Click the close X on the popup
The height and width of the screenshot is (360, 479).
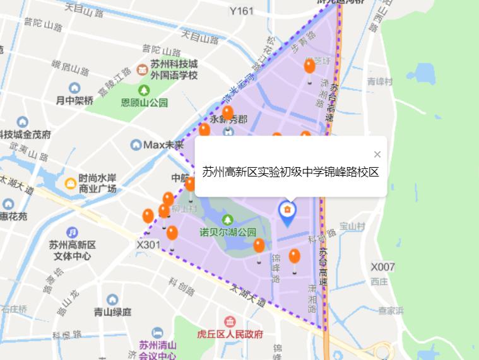[377, 154]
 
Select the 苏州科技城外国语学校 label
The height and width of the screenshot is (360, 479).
[174, 70]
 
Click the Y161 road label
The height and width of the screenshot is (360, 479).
[241, 11]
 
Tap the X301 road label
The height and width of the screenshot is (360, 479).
[149, 243]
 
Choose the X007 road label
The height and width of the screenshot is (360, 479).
[382, 267]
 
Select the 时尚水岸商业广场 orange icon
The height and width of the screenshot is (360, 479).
[71, 183]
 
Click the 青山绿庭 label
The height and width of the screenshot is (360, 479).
[112, 311]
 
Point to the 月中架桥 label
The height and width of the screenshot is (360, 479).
[74, 100]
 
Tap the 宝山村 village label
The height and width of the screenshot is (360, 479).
[353, 225]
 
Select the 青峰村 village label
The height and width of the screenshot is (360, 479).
[380, 82]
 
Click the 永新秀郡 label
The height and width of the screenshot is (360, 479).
[228, 119]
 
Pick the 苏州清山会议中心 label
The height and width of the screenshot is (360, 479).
[158, 350]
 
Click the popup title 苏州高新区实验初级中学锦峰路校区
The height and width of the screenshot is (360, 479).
[290, 172]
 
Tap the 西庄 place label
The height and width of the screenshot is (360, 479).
[379, 281]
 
